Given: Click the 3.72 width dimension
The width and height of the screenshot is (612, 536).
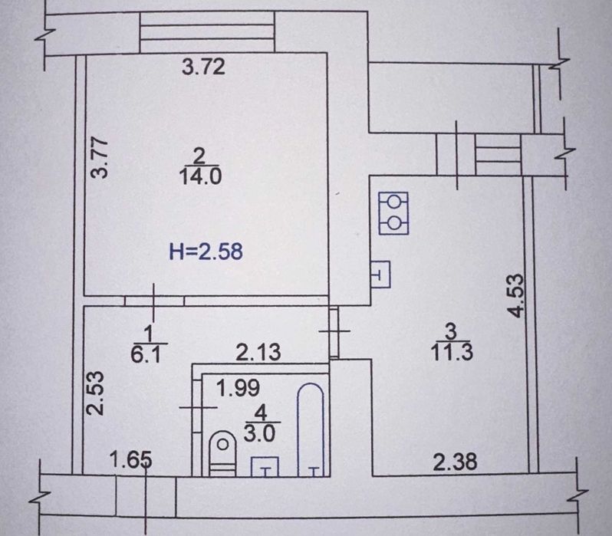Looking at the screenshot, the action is pos(204,67).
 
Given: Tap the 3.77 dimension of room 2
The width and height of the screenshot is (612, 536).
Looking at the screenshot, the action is pos(99,157).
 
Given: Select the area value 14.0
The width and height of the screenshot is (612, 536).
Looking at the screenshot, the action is pos(201,176).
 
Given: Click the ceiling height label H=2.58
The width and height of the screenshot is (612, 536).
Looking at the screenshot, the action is pos(206,251).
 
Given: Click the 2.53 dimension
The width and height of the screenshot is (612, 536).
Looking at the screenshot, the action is pos(96,393).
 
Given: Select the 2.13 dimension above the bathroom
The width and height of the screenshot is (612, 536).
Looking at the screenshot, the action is pos(258,352).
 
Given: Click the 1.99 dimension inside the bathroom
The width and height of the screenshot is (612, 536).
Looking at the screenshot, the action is pos(238,388).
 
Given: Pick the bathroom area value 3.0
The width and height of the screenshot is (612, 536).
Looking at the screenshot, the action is pos(259,433).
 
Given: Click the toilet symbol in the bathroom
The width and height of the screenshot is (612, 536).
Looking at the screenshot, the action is pos(223,454).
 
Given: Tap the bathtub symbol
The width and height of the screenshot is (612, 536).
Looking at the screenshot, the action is pos(311,430).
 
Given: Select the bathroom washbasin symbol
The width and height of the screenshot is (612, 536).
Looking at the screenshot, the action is pos(265,467).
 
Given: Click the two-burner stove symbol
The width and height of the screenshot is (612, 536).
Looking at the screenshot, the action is pos(393,213).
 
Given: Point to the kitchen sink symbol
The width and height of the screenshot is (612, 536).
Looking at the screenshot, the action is pos(380,274).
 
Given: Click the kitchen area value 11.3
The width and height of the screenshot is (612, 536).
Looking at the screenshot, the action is pos(452,352).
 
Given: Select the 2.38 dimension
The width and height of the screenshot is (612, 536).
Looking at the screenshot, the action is pos(455,462).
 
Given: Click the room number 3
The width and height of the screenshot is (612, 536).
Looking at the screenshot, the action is pos(451,331).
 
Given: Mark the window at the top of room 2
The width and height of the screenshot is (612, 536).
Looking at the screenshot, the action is pos(207,31).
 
